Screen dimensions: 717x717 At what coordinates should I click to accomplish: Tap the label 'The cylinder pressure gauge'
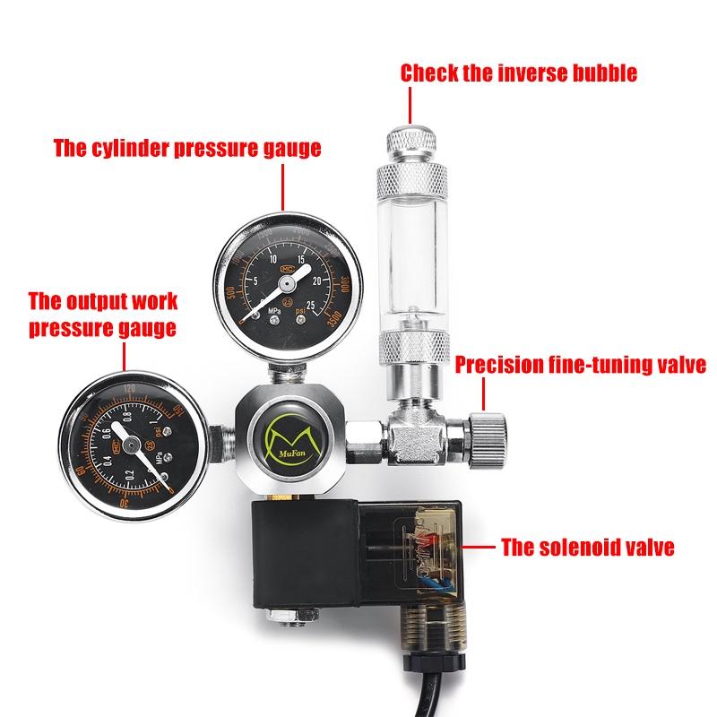click(186, 149)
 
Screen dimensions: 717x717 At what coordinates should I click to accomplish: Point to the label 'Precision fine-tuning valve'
click(581, 365)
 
